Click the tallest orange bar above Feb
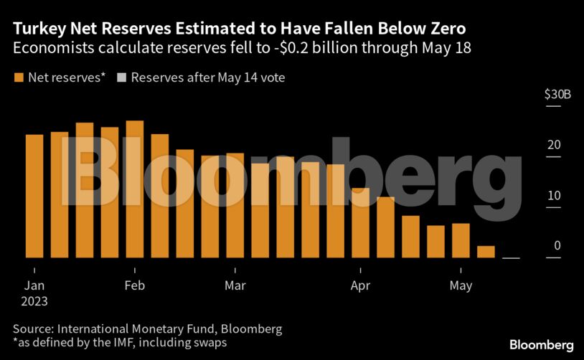134,189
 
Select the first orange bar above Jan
34,196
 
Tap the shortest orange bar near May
486,252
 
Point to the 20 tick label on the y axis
552,145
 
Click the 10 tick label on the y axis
552,195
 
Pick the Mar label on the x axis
235,285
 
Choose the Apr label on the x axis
360,285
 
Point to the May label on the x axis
461,285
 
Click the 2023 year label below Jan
35,302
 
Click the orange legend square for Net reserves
18,77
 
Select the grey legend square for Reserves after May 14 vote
121,77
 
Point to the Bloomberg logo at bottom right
541,345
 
